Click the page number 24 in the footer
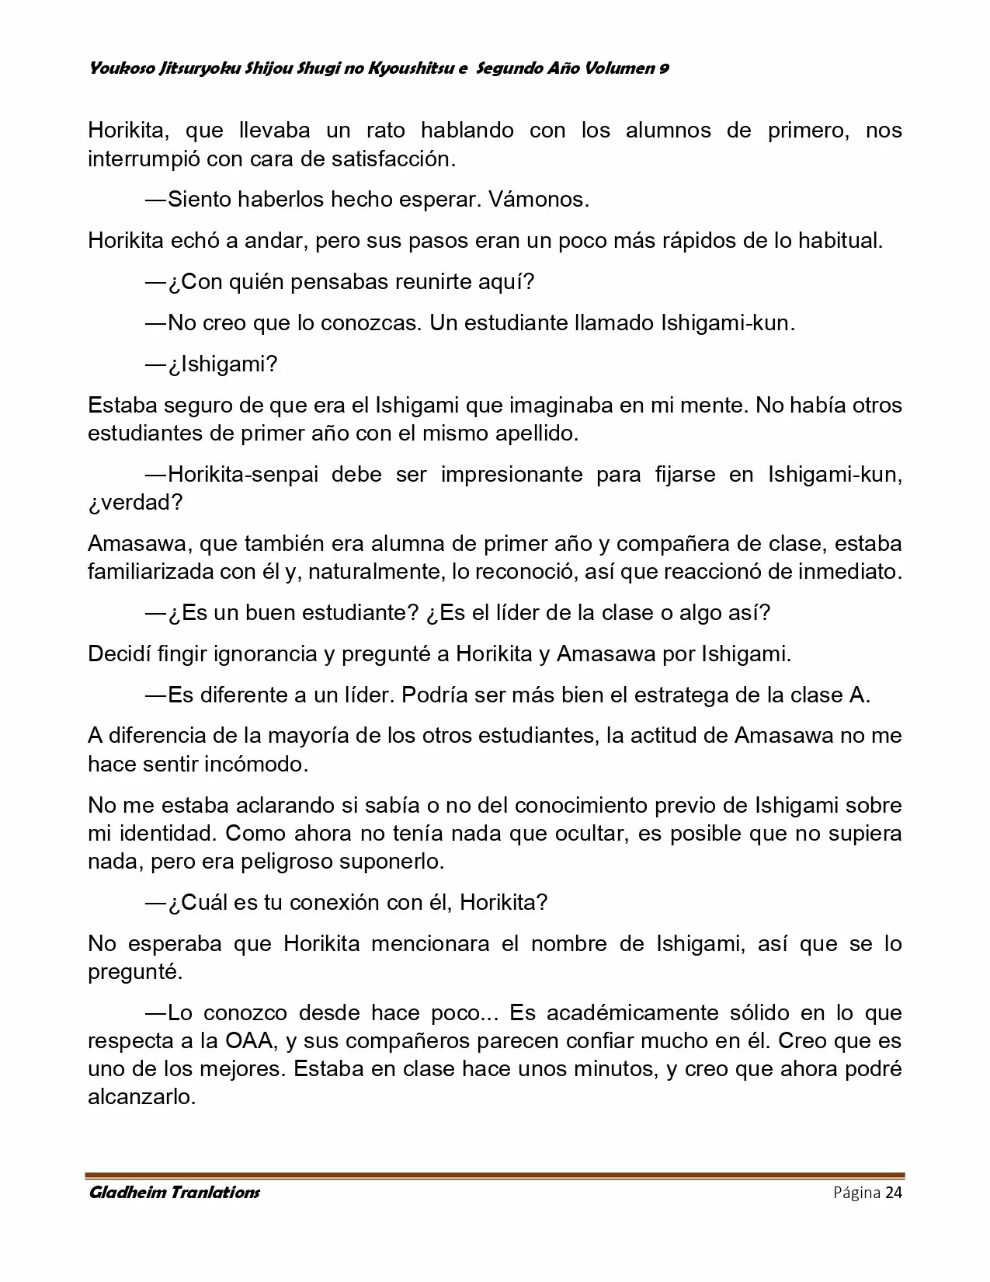(x=893, y=1193)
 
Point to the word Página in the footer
(x=856, y=1193)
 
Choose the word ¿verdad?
(x=135, y=502)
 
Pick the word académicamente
(x=632, y=1012)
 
